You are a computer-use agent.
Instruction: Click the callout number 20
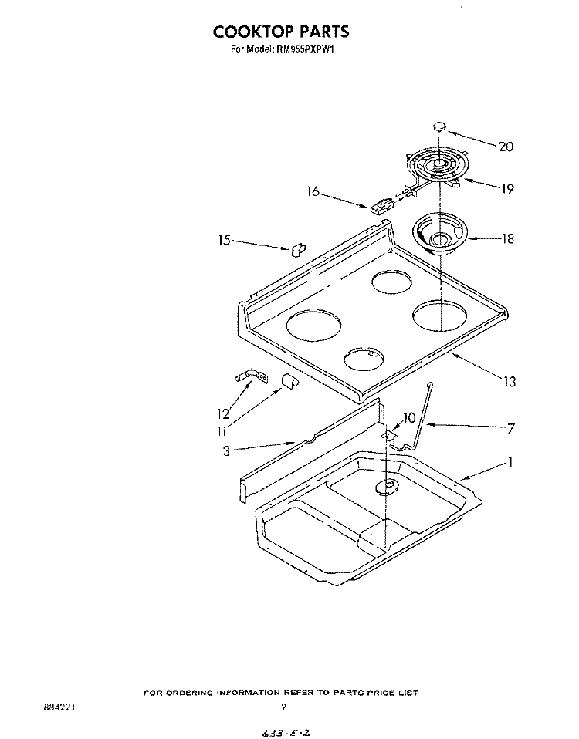pos(506,147)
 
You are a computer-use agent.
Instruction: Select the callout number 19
pos(507,189)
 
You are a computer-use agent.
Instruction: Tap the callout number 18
pos(507,238)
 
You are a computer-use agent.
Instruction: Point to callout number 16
pos(313,192)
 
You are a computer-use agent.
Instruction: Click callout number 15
pos(225,241)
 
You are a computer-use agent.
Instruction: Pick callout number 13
pos(510,381)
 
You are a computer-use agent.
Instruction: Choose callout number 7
pos(510,428)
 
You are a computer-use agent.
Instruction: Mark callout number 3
pos(226,451)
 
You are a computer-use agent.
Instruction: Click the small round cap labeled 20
pos(439,127)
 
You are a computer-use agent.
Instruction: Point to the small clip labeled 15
pos(298,249)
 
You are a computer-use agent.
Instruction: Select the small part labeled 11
pos(289,380)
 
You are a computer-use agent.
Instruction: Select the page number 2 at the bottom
pos(283,707)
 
